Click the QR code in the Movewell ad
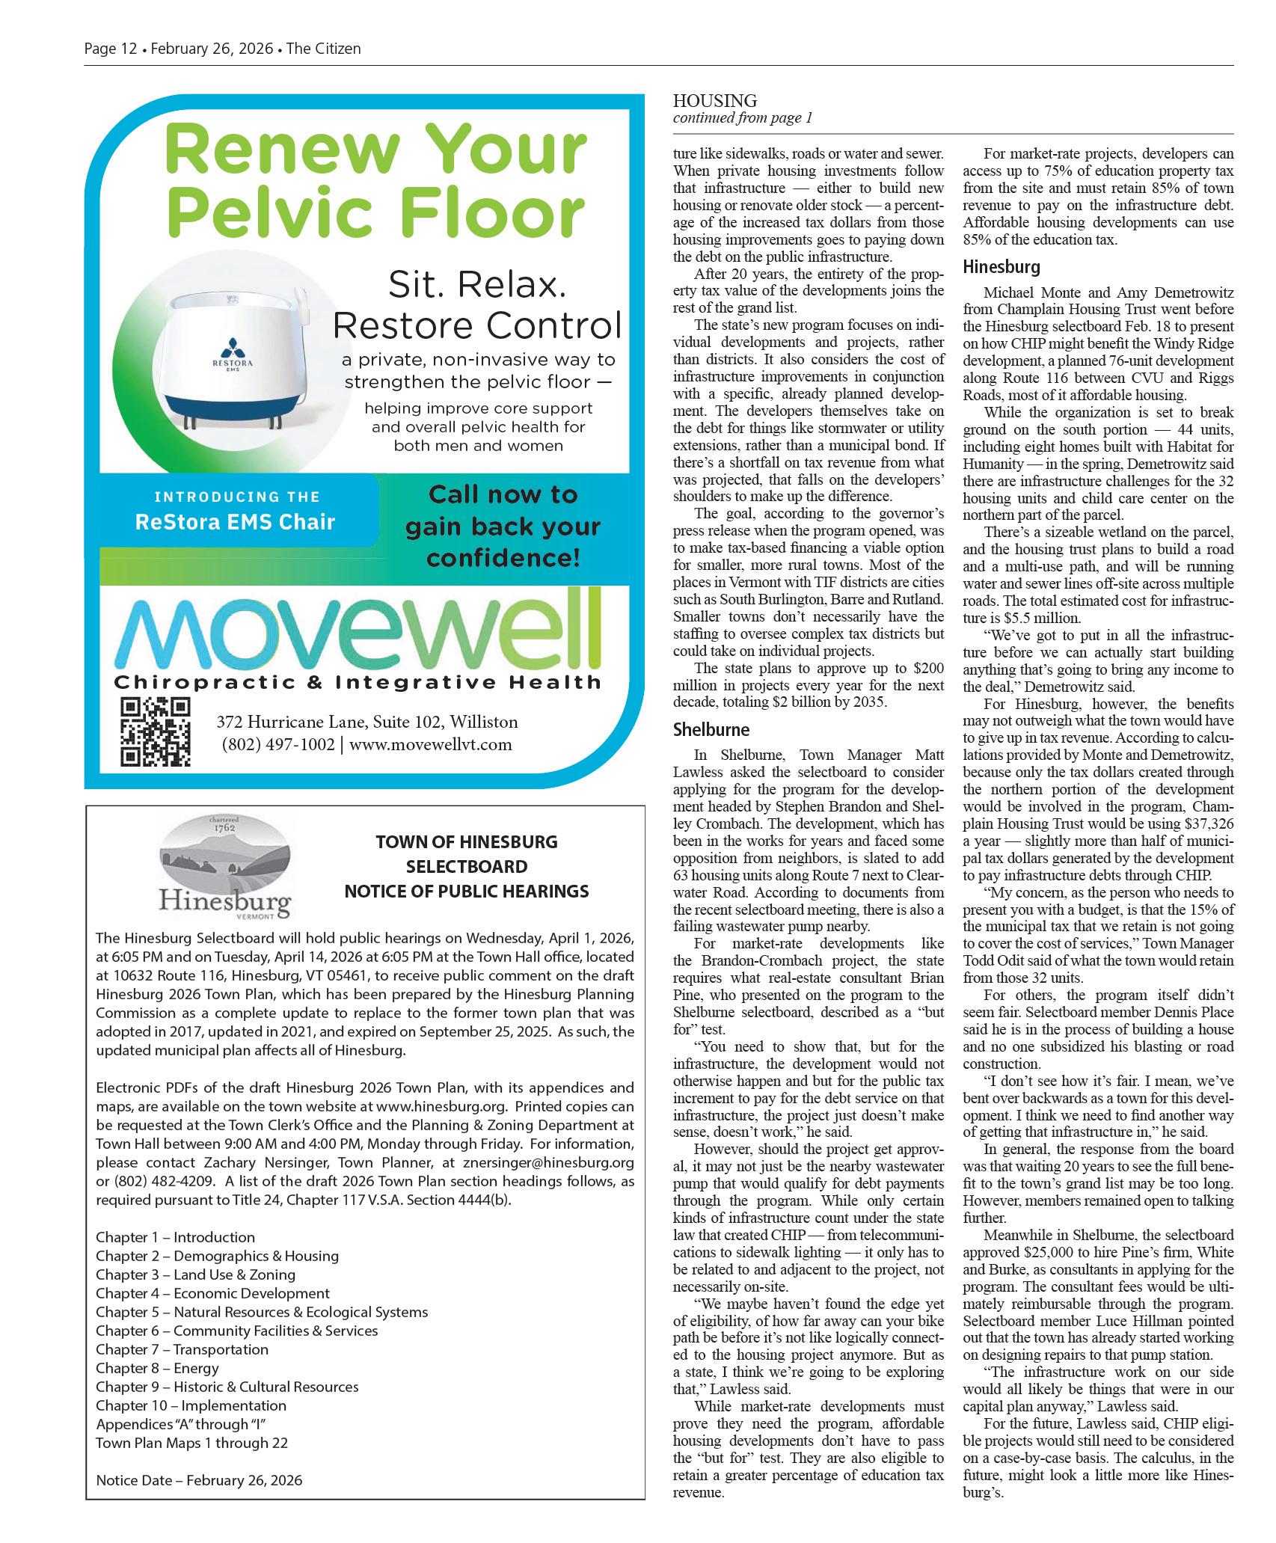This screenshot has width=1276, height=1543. click(156, 731)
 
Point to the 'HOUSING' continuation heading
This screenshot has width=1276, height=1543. click(714, 100)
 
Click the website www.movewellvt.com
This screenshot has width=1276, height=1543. click(431, 744)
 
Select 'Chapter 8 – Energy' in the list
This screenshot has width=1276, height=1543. click(157, 1368)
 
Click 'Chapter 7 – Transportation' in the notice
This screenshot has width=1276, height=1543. click(182, 1349)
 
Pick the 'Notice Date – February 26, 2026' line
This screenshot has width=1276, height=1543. click(199, 1479)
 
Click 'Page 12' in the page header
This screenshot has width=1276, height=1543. click(110, 49)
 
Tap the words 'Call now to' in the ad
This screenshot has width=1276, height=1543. click(503, 495)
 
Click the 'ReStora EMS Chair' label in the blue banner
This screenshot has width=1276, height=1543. click(234, 521)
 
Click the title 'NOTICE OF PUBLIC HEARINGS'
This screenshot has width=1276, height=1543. click(466, 891)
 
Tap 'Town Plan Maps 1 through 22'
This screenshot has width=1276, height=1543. click(191, 1443)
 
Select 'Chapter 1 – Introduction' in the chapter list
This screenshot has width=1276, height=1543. click(175, 1237)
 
